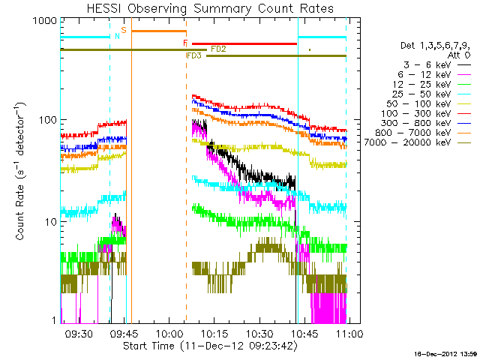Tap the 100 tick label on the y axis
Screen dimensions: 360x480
(48, 120)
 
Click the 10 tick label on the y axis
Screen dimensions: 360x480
(51, 222)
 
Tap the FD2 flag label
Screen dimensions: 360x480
(219, 49)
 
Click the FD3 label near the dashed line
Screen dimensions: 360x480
(193, 56)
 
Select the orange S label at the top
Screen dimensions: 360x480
(124, 30)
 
